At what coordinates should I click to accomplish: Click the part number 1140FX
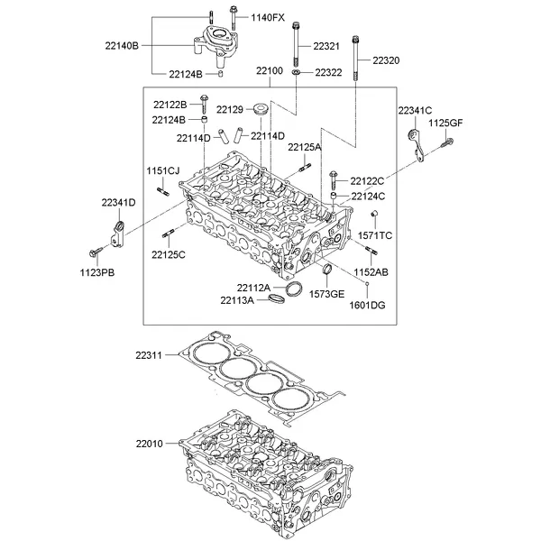(268, 17)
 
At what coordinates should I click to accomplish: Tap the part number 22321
(326, 46)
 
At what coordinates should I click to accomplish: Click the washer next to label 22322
(297, 71)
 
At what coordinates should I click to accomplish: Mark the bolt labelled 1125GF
(445, 142)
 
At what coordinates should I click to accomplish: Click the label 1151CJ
(163, 170)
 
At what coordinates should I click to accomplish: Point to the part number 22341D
(118, 203)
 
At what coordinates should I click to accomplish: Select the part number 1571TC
(375, 234)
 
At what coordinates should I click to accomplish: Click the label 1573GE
(327, 294)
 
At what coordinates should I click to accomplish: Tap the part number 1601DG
(368, 305)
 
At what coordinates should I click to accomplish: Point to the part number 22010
(151, 445)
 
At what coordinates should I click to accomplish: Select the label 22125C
(168, 255)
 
